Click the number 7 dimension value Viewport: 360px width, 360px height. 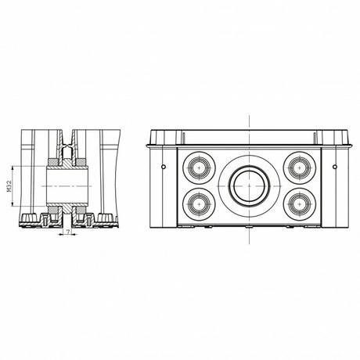click(x=68, y=232)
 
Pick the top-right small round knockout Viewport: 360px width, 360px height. click(x=299, y=166)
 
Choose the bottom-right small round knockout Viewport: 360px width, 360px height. click(x=299, y=203)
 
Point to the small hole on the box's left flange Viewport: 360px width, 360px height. click(x=162, y=166)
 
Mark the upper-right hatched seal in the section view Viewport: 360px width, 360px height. click(x=81, y=160)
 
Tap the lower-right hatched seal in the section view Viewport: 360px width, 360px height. click(x=81, y=211)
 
